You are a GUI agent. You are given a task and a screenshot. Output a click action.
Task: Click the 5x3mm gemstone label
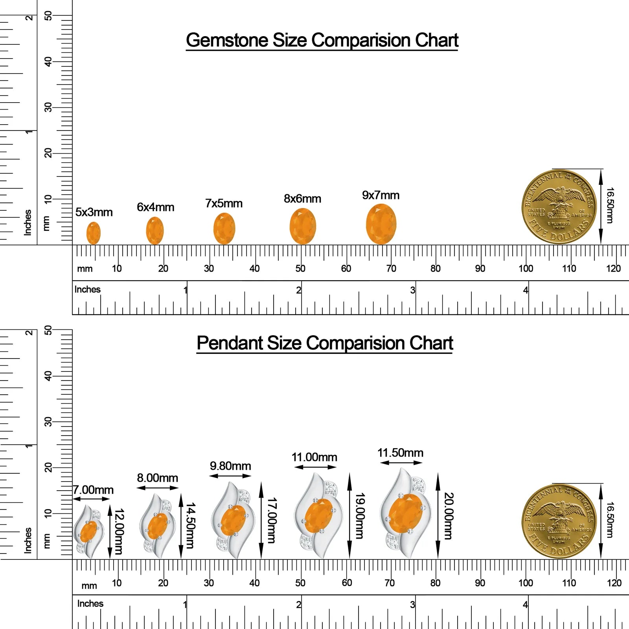pyautogui.click(x=94, y=212)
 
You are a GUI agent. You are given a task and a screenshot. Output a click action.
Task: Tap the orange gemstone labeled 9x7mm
pyautogui.click(x=381, y=224)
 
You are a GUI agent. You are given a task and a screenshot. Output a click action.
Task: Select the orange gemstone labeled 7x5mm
pyautogui.click(x=224, y=228)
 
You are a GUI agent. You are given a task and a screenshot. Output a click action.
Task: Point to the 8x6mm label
pyautogui.click(x=302, y=199)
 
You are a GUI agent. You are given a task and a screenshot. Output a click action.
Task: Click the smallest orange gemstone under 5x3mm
pyautogui.click(x=93, y=233)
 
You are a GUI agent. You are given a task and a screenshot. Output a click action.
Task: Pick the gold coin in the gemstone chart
pyautogui.click(x=559, y=207)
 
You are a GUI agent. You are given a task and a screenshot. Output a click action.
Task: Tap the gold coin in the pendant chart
pyautogui.click(x=559, y=521)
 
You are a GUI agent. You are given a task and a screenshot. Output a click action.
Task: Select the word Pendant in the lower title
pyautogui.click(x=230, y=343)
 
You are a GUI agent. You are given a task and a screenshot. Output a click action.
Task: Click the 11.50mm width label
pyautogui.click(x=400, y=453)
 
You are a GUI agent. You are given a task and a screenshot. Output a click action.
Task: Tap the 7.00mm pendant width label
pyautogui.click(x=94, y=490)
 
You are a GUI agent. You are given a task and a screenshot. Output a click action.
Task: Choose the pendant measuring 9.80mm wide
pyautogui.click(x=231, y=520)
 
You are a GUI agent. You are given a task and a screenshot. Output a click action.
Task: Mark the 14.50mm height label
pyautogui.click(x=190, y=525)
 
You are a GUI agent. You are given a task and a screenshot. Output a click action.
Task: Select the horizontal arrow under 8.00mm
pyautogui.click(x=158, y=488)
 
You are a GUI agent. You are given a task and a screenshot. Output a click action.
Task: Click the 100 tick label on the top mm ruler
pyautogui.click(x=526, y=269)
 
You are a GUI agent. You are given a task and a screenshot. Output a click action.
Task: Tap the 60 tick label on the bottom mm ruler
pyautogui.click(x=347, y=583)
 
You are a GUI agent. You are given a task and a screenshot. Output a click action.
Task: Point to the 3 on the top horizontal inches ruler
pyautogui.click(x=412, y=290)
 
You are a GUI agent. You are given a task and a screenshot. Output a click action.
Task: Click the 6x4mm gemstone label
pyautogui.click(x=155, y=207)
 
